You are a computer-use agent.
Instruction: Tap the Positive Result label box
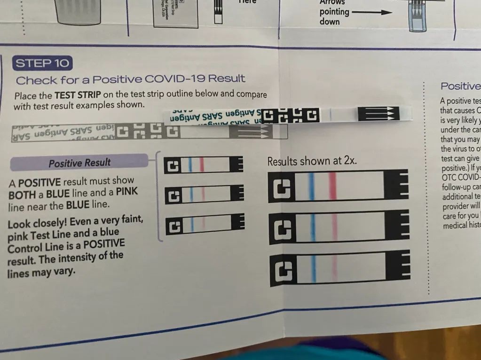(79, 163)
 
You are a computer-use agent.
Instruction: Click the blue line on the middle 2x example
(312, 227)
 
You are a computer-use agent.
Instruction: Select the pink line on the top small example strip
(201, 164)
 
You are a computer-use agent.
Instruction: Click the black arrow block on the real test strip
(378, 114)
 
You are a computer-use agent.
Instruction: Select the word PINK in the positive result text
(127, 193)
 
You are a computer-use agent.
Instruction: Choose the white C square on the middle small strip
(173, 195)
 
